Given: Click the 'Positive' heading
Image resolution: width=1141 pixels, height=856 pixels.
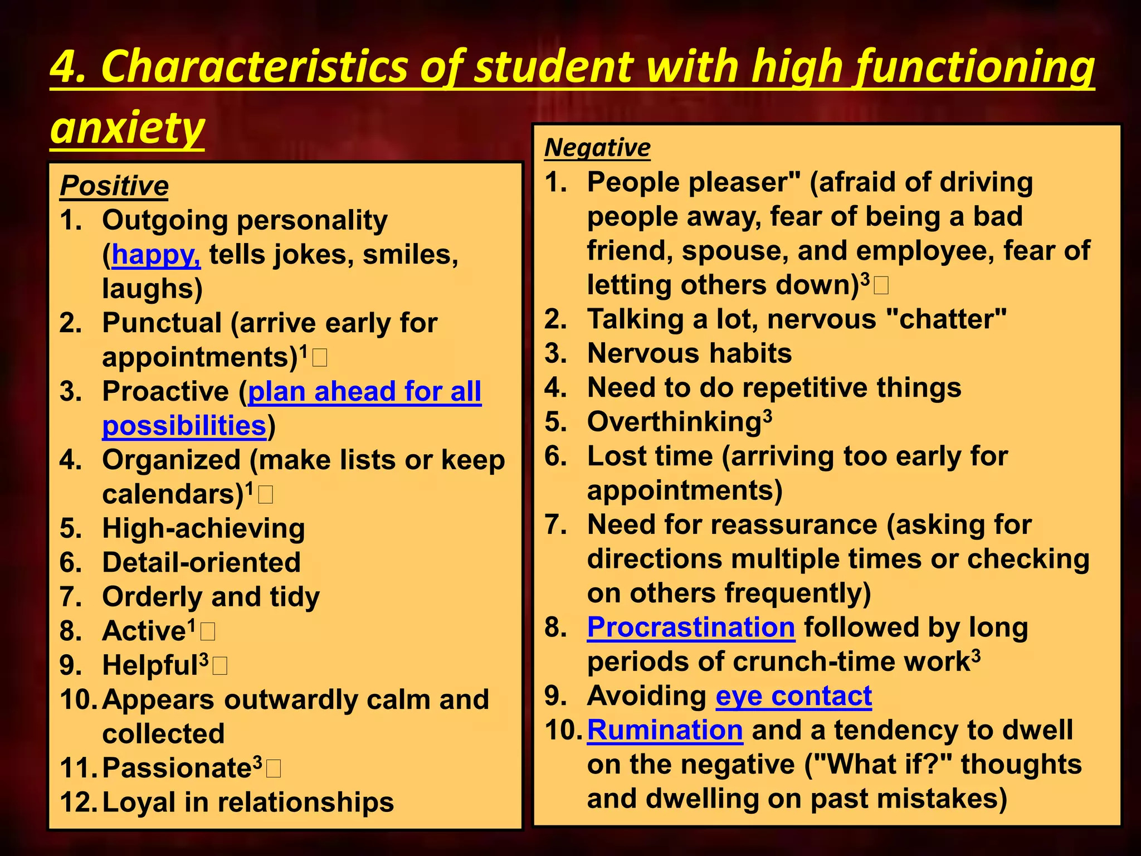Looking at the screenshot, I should [114, 186].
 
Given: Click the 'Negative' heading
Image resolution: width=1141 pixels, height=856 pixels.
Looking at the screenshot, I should [597, 148].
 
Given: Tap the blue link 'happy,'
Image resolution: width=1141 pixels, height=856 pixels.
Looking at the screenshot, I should [156, 255].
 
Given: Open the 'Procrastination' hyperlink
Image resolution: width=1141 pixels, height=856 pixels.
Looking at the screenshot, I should [691, 628].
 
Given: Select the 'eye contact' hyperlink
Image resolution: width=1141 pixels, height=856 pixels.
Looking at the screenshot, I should [793, 696].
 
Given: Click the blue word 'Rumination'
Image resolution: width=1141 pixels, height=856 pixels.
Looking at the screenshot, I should [665, 730].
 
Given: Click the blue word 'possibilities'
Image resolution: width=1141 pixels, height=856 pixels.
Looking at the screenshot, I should [184, 426].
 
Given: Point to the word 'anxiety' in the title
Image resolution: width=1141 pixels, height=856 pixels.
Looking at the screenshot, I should [128, 128].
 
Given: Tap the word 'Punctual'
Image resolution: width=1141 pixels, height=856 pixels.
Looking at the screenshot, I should [162, 323].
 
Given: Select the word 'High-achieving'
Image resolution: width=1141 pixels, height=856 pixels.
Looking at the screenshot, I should [203, 529].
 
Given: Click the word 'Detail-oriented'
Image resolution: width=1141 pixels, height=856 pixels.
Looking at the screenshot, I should [201, 563].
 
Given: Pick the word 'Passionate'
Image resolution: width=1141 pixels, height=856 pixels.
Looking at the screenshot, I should [177, 769].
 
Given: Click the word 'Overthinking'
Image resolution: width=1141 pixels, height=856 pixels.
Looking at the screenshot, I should [674, 422].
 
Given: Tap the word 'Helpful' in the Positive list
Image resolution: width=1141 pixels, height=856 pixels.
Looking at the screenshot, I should [150, 666].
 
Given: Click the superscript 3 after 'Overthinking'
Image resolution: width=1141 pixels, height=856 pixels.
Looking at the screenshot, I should [768, 416].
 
